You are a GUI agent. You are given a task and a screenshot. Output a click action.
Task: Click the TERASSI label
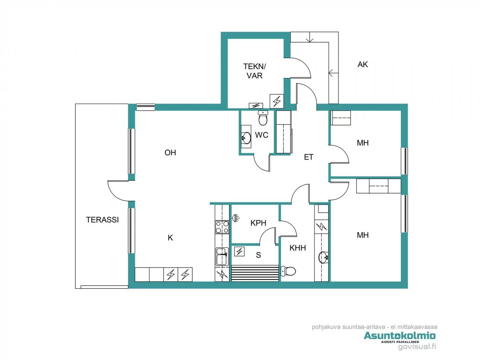click(x=102, y=220)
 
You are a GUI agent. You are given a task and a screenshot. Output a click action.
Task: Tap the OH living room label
click(x=170, y=153)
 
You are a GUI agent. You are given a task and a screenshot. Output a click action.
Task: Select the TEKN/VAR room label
click(x=254, y=71)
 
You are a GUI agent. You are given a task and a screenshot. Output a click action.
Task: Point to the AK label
click(x=362, y=64)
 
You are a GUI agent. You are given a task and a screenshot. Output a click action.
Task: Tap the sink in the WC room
click(x=246, y=138)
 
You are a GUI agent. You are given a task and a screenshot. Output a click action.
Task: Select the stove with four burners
click(x=222, y=227)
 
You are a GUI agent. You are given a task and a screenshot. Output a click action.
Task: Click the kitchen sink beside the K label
click(x=222, y=256)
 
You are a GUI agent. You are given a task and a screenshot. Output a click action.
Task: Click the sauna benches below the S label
click(x=255, y=273)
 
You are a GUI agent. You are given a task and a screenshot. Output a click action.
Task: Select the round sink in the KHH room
click(x=323, y=257)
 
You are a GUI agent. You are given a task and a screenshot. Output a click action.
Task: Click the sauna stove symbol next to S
click(x=239, y=251)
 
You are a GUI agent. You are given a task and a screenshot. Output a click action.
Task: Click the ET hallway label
click(x=309, y=157)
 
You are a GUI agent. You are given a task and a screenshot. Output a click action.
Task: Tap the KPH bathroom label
click(x=258, y=223)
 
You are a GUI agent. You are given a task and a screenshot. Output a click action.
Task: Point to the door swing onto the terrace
click(x=118, y=191)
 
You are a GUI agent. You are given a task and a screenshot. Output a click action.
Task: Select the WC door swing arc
click(x=262, y=164)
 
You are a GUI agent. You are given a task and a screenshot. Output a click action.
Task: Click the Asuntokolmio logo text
click(x=399, y=335)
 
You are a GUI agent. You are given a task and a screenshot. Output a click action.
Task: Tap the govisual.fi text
click(x=417, y=347)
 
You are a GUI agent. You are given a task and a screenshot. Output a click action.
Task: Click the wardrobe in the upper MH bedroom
click(x=340, y=118)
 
